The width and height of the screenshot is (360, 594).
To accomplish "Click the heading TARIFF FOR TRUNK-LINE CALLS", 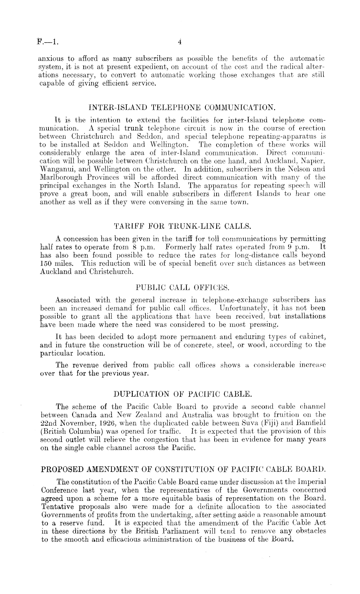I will point(183,226).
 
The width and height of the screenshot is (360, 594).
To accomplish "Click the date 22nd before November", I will point(50,423).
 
